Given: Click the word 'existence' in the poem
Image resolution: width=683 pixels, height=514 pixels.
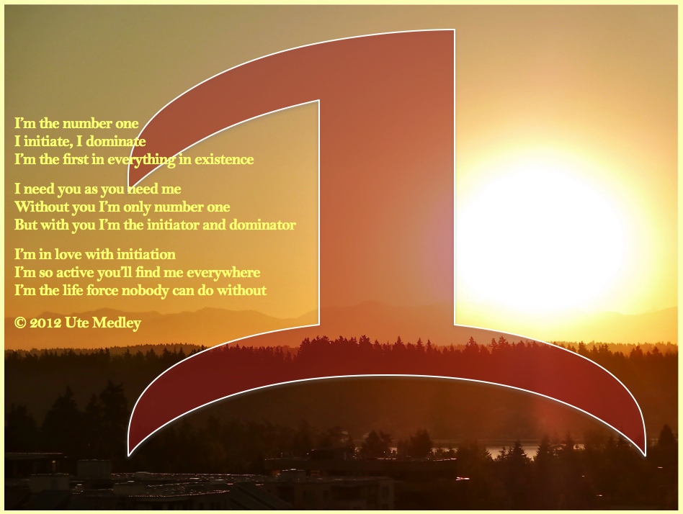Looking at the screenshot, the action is point(224,159).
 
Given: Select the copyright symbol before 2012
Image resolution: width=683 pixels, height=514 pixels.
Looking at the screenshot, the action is point(20,323).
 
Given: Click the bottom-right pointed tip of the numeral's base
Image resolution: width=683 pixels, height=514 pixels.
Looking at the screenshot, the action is point(645,455).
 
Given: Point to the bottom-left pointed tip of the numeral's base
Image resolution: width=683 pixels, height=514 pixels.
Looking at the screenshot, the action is point(128,456).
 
